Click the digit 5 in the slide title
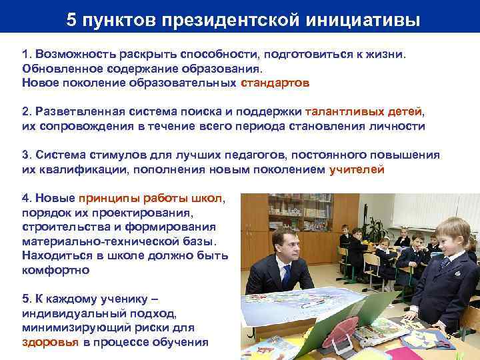click(71, 20)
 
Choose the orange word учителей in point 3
click(357, 169)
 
